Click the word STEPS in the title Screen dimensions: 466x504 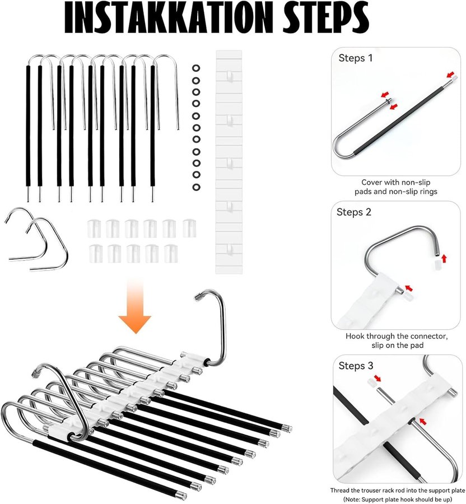point(325,18)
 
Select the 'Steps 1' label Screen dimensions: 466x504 point(356,58)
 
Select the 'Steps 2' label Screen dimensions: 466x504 point(354,212)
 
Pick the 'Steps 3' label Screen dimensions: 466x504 point(356,366)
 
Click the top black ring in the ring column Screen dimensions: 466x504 point(196,68)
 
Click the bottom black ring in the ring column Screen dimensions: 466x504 point(196,186)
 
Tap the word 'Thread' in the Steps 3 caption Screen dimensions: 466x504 point(340,491)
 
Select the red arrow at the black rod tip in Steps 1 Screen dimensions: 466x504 point(451,74)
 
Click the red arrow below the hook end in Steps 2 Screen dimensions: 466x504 point(444,258)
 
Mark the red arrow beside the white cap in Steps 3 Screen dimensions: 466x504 point(378,378)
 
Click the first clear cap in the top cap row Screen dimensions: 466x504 point(94,228)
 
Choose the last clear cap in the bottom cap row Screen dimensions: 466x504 point(171,254)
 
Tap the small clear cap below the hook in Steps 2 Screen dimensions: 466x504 point(436,265)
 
